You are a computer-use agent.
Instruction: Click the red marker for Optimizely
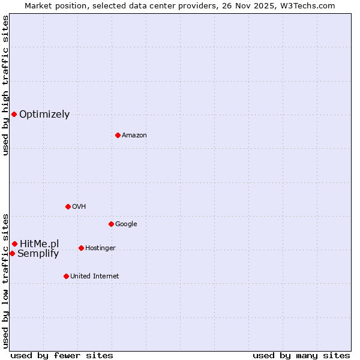tap(14, 114)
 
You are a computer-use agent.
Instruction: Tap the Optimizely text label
tap(44, 115)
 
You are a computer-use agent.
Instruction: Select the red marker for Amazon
tap(118, 135)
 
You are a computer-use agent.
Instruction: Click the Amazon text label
tap(134, 136)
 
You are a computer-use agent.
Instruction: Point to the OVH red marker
tap(68, 206)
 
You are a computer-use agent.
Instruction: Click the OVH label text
tap(79, 207)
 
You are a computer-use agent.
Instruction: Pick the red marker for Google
tap(111, 224)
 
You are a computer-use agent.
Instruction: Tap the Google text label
tap(126, 224)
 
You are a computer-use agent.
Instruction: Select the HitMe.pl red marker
tap(14, 244)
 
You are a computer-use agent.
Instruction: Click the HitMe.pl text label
tap(40, 244)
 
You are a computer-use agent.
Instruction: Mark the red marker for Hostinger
tap(81, 248)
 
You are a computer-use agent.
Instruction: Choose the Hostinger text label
tap(100, 248)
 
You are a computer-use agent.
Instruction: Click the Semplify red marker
tap(12, 253)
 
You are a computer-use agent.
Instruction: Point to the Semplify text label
tap(38, 254)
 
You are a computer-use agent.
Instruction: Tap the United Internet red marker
tap(66, 276)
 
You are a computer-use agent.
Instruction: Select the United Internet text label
tap(95, 277)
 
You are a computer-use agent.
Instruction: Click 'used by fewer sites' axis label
tap(62, 355)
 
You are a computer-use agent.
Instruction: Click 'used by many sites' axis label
tap(301, 355)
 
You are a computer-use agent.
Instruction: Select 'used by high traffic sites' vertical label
tap(5, 85)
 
